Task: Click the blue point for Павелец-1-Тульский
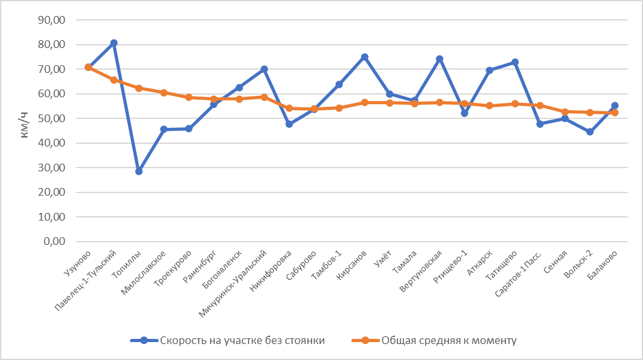(x=113, y=43)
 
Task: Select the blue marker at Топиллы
(x=138, y=171)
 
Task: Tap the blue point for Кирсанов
(x=365, y=57)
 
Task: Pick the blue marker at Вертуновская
(x=440, y=59)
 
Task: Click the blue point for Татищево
(x=515, y=62)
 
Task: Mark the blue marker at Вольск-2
(x=590, y=132)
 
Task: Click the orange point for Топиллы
(x=138, y=88)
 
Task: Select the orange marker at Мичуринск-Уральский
(x=264, y=97)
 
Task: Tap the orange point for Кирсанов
(x=365, y=102)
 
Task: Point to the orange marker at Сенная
(x=565, y=112)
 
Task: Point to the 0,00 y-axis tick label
(x=55, y=242)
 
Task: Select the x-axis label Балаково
(x=605, y=264)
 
